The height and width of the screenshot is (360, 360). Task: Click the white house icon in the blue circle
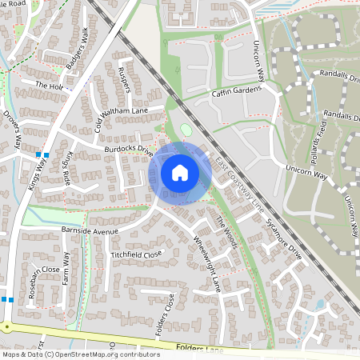pyautogui.click(x=180, y=173)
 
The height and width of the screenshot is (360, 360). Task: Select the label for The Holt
pyautogui.click(x=48, y=84)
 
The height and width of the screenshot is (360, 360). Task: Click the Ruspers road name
pyautogui.click(x=124, y=78)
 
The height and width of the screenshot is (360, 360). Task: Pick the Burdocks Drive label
pyautogui.click(x=127, y=150)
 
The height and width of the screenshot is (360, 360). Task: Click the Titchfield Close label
pyautogui.click(x=135, y=254)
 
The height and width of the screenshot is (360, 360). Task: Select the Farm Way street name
pyautogui.click(x=68, y=268)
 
